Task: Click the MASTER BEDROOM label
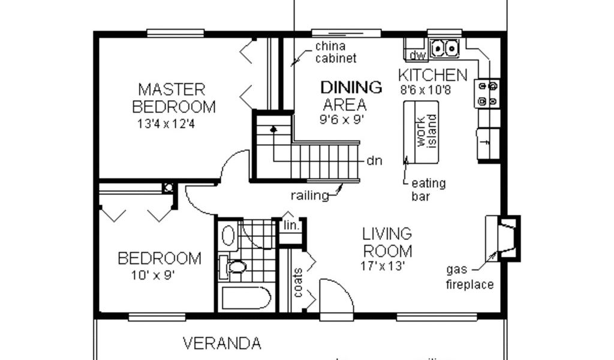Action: pyautogui.click(x=174, y=98)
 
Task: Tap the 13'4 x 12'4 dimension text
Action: pyautogui.click(x=166, y=124)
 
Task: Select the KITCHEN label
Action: pyautogui.click(x=433, y=75)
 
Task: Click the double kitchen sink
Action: pyautogui.click(x=444, y=49)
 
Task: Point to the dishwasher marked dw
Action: pyautogui.click(x=417, y=55)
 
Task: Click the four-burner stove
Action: pyautogui.click(x=487, y=94)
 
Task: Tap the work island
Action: pyautogui.click(x=422, y=132)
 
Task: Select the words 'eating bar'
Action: pyautogui.click(x=428, y=190)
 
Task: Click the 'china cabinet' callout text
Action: pyautogui.click(x=336, y=52)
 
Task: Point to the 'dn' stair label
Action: pyautogui.click(x=374, y=161)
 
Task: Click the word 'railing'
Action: pyautogui.click(x=310, y=196)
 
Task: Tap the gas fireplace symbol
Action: pyautogui.click(x=503, y=238)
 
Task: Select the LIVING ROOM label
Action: pyautogui.click(x=387, y=242)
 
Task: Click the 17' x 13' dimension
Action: pyautogui.click(x=382, y=266)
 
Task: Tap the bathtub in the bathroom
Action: pyautogui.click(x=245, y=298)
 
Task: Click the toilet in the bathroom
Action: pyautogui.click(x=233, y=267)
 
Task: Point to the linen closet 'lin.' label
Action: pyautogui.click(x=291, y=225)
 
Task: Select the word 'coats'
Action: pyautogui.click(x=298, y=283)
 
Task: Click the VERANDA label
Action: pyautogui.click(x=222, y=344)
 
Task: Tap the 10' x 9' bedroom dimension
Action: pyautogui.click(x=153, y=275)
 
